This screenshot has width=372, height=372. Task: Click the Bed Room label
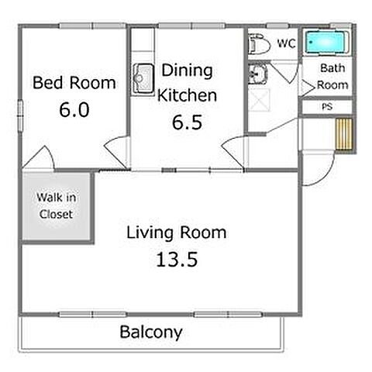pyautogui.click(x=74, y=83)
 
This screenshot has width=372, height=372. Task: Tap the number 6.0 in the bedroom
pyautogui.click(x=74, y=109)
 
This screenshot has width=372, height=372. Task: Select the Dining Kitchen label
pyautogui.click(x=187, y=83)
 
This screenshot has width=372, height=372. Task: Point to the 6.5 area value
pyautogui.click(x=187, y=122)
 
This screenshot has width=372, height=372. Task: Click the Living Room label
pyautogui.click(x=177, y=232)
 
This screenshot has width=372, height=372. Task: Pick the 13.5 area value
pyautogui.click(x=177, y=259)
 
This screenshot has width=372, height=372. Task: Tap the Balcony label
pyautogui.click(x=151, y=332)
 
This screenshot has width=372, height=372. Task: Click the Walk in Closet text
pyautogui.click(x=57, y=206)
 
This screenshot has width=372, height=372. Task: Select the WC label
pyautogui.click(x=286, y=43)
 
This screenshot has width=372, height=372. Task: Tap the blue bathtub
pyautogui.click(x=326, y=43)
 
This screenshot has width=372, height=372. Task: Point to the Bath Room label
pyautogui.click(x=332, y=77)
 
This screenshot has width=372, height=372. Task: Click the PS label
pyautogui.click(x=327, y=106)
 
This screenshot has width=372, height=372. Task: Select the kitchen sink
pyautogui.click(x=143, y=78)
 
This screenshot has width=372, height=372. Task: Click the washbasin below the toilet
pyautogui.click(x=257, y=74)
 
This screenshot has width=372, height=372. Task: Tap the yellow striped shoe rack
pyautogui.click(x=344, y=134)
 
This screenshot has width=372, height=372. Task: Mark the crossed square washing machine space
pyautogui.click(x=259, y=100)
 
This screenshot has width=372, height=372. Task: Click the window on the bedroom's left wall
pyautogui.click(x=20, y=116)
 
